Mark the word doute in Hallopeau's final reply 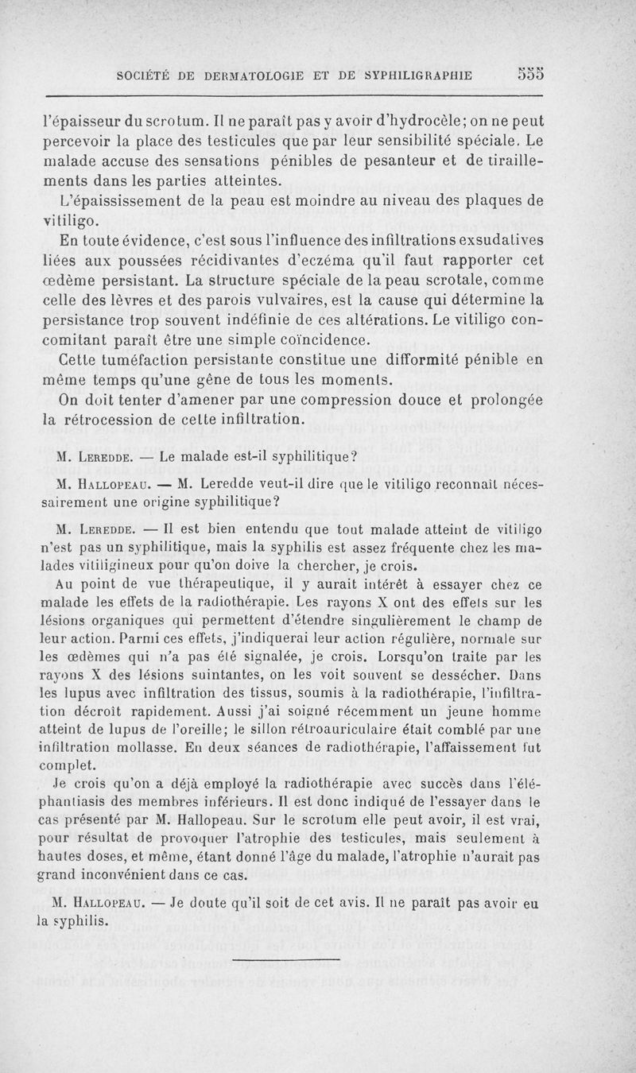205,904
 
